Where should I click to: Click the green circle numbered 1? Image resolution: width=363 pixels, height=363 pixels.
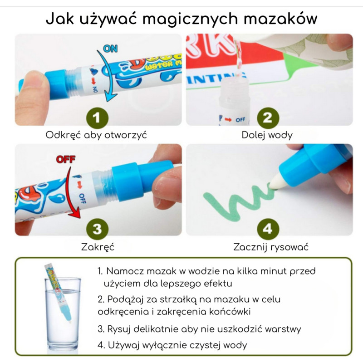point(97,118)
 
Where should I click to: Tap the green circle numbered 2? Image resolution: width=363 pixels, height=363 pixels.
point(268,118)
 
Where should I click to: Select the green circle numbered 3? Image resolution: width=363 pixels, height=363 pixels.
point(97,229)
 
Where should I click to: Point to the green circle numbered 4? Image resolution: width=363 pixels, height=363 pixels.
point(268,229)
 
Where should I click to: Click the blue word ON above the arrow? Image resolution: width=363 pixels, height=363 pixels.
point(110,49)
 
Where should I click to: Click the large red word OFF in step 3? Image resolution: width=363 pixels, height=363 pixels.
point(66,160)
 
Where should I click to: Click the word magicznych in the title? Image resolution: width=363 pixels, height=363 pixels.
point(190,19)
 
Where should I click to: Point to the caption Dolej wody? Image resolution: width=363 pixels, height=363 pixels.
point(267,135)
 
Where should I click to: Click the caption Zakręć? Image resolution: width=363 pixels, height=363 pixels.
point(98,247)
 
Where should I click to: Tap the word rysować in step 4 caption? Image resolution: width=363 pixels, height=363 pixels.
point(289,247)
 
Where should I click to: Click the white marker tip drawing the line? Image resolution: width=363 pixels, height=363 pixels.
point(277,182)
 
